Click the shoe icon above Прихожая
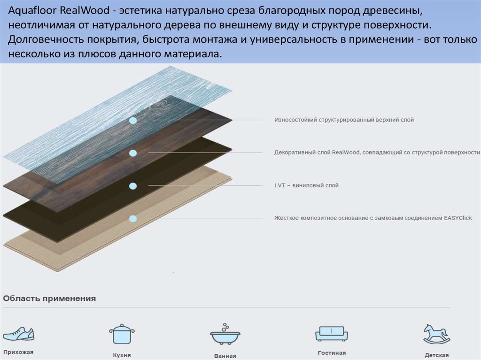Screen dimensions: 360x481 click(18, 334)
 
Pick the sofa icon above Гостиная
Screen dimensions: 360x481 click(331, 334)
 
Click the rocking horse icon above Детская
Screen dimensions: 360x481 click(436, 334)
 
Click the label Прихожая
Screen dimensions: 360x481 click(18, 352)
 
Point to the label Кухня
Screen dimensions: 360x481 click(122, 355)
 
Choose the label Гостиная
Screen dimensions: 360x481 click(331, 353)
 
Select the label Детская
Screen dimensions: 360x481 click(436, 355)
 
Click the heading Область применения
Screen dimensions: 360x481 click(49, 299)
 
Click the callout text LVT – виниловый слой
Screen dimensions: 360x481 click(306, 185)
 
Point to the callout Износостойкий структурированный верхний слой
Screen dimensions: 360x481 click(344, 120)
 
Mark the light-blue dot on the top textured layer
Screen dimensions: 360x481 click(133, 121)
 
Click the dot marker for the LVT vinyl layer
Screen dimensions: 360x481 click(133, 186)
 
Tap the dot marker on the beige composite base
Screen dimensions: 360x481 click(133, 218)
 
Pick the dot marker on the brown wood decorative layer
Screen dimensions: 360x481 click(133, 153)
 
